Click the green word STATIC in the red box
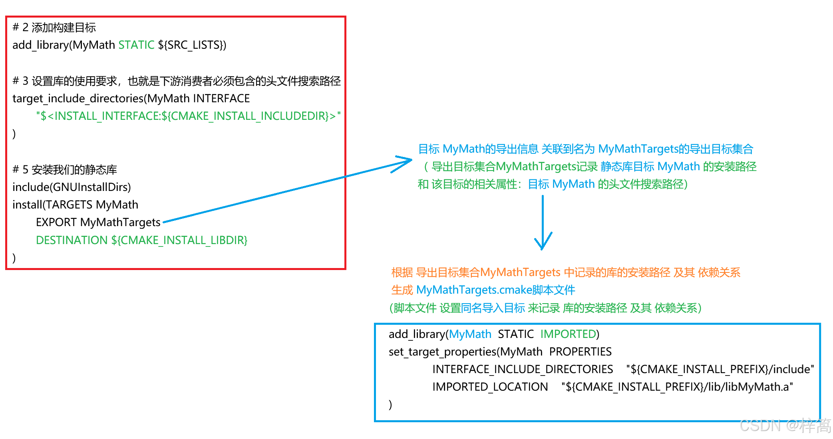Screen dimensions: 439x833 136,45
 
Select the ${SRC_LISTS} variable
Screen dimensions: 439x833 192,45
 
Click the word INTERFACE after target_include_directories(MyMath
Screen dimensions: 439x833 221,98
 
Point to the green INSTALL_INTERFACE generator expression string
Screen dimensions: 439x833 188,116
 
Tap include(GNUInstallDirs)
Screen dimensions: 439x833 72,187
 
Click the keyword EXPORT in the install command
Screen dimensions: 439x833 56,222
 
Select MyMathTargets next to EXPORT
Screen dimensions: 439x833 120,222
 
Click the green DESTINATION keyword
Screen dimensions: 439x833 72,240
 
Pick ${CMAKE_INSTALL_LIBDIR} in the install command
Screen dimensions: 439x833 179,240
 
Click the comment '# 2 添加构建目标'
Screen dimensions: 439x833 54,27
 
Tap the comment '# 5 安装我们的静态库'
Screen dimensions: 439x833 65,169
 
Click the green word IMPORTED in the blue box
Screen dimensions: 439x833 568,334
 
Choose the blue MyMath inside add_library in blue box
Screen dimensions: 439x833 470,334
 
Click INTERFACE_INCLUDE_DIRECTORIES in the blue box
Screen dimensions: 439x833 523,369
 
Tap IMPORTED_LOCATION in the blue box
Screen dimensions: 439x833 490,387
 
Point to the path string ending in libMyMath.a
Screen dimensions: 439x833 677,387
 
